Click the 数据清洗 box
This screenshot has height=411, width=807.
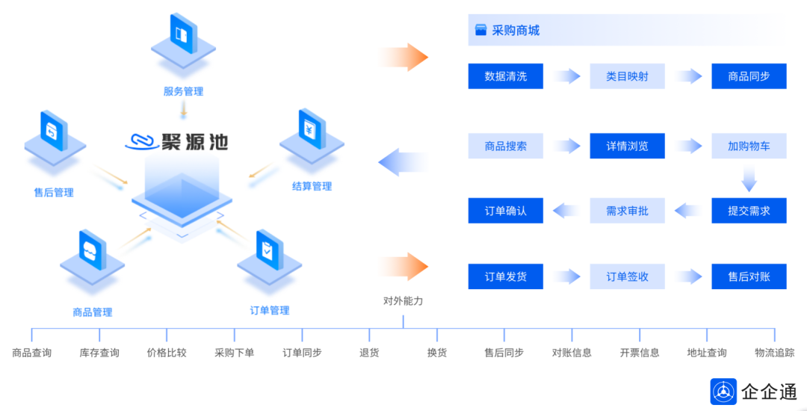(x=505, y=76)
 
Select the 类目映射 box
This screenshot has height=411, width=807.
(x=627, y=76)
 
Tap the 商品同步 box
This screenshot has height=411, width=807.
(x=749, y=76)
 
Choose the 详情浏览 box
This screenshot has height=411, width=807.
(x=627, y=146)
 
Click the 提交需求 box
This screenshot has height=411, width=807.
(x=749, y=211)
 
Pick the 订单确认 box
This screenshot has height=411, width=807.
(x=505, y=211)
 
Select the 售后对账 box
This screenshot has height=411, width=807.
(x=749, y=276)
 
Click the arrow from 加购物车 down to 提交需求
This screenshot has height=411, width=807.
(x=749, y=179)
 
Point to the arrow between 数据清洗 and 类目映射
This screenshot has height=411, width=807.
(x=566, y=76)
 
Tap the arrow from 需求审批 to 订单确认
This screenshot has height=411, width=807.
(x=566, y=211)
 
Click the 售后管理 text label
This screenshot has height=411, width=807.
(x=54, y=193)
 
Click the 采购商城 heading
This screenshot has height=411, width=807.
(x=516, y=31)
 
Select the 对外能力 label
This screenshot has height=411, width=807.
(x=403, y=301)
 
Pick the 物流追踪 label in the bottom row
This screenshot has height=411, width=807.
(x=774, y=353)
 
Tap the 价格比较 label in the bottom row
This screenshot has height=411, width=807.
(x=167, y=353)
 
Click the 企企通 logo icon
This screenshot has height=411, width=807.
(x=723, y=391)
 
